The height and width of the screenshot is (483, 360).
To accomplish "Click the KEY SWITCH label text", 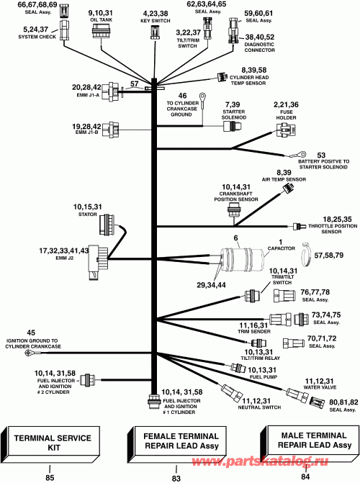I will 155,21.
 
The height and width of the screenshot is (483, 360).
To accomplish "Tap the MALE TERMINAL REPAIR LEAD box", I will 307,441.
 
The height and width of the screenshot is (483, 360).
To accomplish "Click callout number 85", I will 50,476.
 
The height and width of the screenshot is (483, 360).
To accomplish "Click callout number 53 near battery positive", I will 321,155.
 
